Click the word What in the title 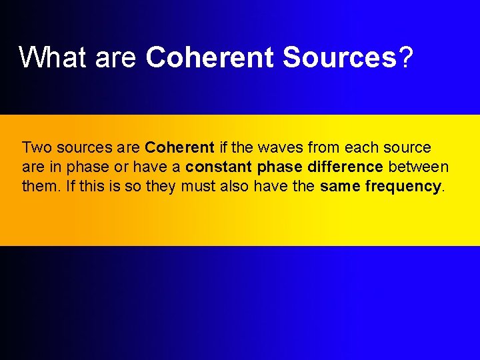coord(53,57)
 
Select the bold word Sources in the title coord(340,57)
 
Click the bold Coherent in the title coord(210,57)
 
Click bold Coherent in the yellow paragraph coord(179,147)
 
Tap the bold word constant coord(219,167)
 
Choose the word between coord(418,167)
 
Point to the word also coord(235,186)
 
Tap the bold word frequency coord(403,187)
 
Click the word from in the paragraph coord(325,147)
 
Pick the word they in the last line coord(160,186)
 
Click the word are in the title coord(115,57)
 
